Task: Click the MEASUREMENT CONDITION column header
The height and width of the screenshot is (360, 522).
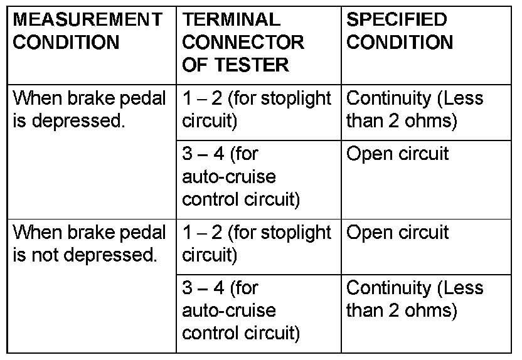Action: click(87, 31)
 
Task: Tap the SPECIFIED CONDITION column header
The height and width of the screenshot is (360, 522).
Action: click(400, 31)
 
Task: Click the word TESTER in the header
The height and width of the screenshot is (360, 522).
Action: click(252, 65)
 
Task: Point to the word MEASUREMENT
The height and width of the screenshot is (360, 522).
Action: click(87, 19)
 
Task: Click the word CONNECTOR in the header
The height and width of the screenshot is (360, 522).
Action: click(243, 42)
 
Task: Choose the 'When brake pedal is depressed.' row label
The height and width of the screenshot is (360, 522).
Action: click(90, 109)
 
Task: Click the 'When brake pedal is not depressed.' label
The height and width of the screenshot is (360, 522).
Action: click(90, 243)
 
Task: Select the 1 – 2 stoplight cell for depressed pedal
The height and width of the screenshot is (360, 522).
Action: click(257, 109)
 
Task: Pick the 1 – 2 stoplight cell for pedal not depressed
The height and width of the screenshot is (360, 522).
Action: click(257, 243)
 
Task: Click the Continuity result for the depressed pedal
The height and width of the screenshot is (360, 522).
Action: click(415, 109)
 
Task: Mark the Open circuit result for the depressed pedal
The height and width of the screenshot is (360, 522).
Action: click(398, 154)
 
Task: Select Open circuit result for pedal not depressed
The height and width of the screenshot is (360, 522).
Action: click(398, 233)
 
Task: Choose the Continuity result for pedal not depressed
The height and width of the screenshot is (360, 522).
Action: click(415, 299)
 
